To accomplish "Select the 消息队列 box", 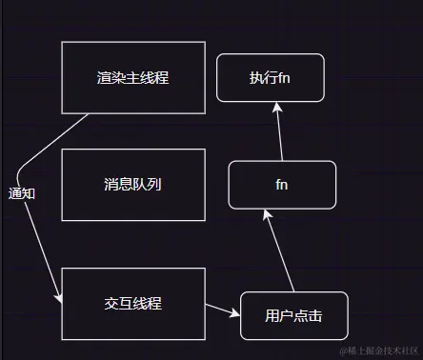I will (x=132, y=185).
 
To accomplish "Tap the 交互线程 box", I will (x=132, y=303).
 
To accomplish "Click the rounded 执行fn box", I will (x=270, y=78).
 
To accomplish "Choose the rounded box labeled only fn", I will (x=282, y=185).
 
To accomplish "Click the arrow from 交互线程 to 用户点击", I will (x=222, y=310).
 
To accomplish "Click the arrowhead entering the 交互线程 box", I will (x=59, y=299).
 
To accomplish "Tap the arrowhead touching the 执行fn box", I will (x=275, y=107).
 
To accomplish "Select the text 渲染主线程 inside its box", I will (x=132, y=78).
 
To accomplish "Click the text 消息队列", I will (x=132, y=185).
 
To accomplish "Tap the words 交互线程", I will (x=132, y=303).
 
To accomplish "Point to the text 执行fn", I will (x=270, y=78).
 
